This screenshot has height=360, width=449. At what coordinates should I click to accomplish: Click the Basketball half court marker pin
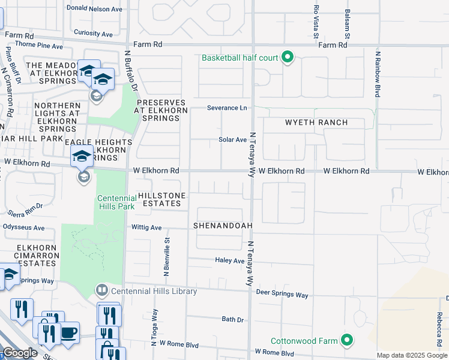[x=288, y=58]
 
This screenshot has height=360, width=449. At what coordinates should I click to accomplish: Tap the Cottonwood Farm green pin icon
[x=346, y=340]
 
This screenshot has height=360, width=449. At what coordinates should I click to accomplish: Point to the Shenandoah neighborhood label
[x=222, y=226]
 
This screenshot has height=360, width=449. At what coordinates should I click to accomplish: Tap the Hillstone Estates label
[x=161, y=200]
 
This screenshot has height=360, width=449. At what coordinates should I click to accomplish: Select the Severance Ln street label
[x=227, y=108]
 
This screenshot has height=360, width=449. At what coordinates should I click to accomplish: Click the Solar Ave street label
[x=233, y=140]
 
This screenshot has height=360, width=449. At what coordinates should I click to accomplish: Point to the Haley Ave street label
[x=230, y=260]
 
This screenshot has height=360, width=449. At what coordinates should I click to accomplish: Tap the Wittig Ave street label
[x=147, y=228]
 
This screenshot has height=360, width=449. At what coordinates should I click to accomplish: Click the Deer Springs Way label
[x=282, y=295]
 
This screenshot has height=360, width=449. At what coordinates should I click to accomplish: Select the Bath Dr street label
[x=232, y=319]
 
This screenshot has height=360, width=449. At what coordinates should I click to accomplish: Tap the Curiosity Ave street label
[x=93, y=34]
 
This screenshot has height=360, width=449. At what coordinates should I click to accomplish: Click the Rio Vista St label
[x=316, y=22]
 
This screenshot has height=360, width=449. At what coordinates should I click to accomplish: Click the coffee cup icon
[x=68, y=332]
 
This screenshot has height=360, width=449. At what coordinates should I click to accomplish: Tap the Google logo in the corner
[x=20, y=353]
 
